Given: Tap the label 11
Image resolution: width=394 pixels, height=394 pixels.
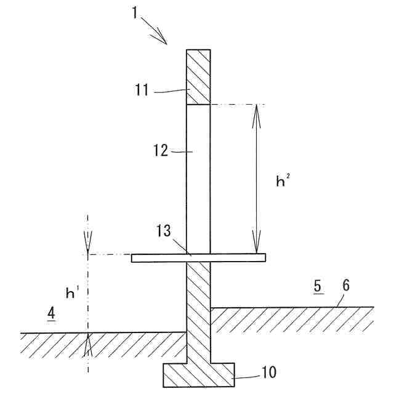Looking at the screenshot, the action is click(x=142, y=90).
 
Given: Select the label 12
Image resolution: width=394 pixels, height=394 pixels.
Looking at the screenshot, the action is click(x=161, y=150).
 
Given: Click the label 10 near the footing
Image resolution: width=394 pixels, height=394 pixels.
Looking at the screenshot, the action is click(x=268, y=372).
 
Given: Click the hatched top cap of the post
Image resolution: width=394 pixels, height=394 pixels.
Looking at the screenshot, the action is click(x=198, y=77).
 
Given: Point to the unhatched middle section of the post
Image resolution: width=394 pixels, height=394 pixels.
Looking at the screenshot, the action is click(x=198, y=179).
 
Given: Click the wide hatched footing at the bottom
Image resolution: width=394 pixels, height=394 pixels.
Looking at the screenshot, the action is click(x=198, y=375).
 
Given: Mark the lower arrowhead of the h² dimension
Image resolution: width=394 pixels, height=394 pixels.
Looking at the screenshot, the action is click(x=256, y=246).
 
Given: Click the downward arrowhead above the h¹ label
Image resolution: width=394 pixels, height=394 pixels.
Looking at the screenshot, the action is click(x=88, y=247).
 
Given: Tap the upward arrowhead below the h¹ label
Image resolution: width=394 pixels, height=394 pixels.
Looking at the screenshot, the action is click(x=88, y=342).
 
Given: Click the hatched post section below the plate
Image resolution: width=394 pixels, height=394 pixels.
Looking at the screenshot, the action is click(x=198, y=308).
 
